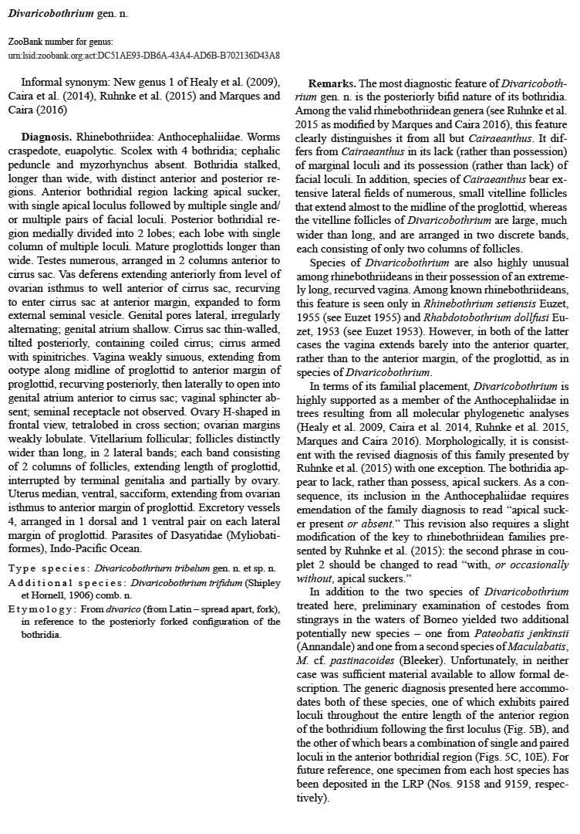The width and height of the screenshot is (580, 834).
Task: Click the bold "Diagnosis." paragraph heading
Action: click(x=47, y=136)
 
